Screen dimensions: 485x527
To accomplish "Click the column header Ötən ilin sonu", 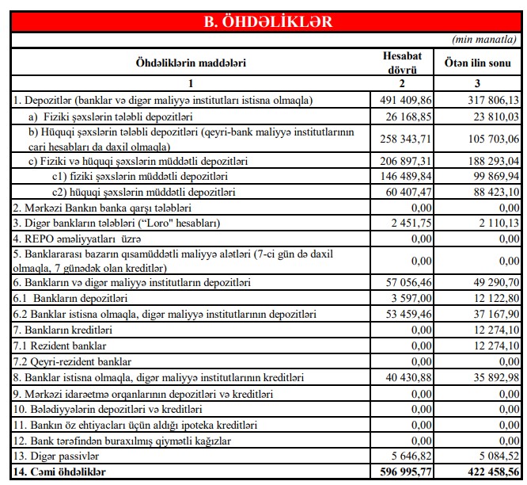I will click(477, 62).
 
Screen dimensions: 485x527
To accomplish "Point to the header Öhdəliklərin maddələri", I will click(191, 62).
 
